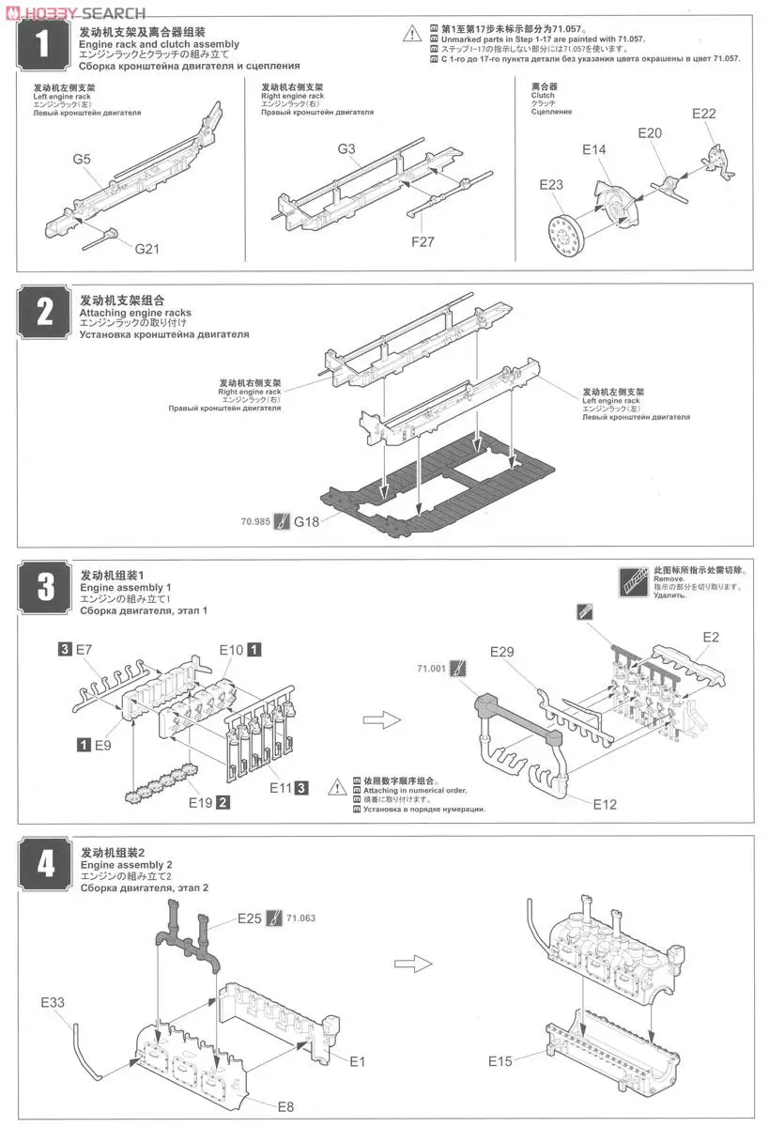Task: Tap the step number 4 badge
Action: click(x=44, y=864)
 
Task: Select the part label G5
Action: click(x=81, y=160)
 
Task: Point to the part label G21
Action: click(x=148, y=249)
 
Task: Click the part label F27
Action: click(x=423, y=241)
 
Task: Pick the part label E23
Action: click(x=551, y=185)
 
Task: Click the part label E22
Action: click(x=704, y=114)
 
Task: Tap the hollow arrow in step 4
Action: click(x=410, y=963)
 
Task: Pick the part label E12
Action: click(x=606, y=804)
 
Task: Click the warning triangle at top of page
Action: click(x=412, y=34)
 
